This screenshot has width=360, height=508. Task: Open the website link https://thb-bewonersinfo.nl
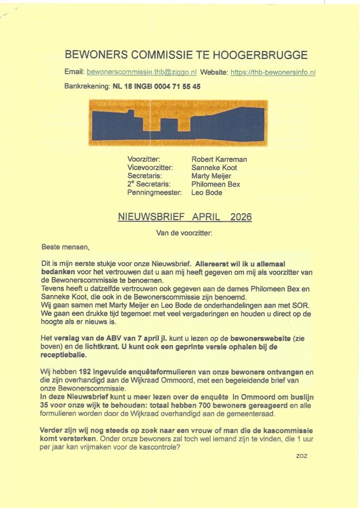pyautogui.click(x=273, y=72)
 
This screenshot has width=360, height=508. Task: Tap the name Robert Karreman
pyautogui.click(x=219, y=159)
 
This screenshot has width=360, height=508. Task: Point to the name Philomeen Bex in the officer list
pyautogui.click(x=216, y=184)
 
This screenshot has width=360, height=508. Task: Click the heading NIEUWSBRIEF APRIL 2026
pyautogui.click(x=185, y=217)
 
